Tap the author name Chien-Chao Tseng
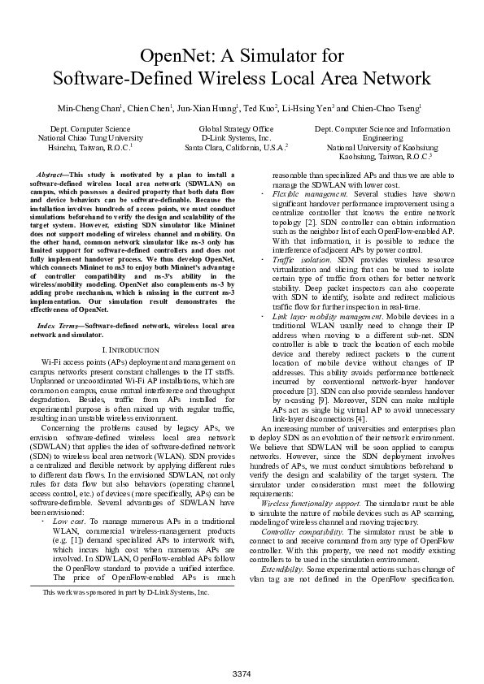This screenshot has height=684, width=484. click(x=390, y=107)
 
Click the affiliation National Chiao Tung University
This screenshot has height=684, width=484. click(x=89, y=138)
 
